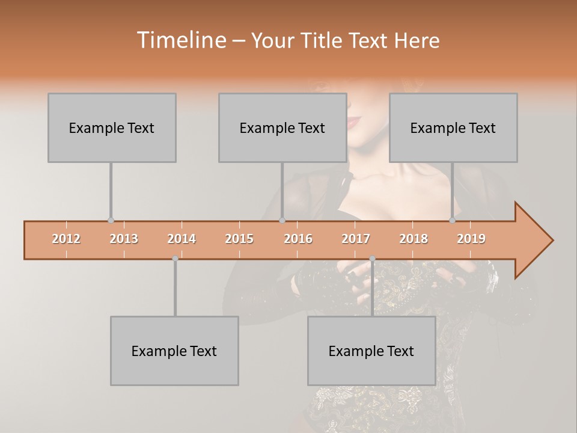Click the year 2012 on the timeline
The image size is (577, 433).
(66, 239)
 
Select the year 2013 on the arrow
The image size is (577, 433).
(124, 239)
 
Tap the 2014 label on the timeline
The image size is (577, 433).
(182, 239)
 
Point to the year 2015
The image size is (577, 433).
(239, 239)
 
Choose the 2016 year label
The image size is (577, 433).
(298, 239)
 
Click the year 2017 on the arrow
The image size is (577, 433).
(356, 239)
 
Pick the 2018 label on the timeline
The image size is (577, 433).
(414, 239)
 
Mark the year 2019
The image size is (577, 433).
(471, 239)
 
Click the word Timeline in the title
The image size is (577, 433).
(180, 40)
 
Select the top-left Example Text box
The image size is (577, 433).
(112, 127)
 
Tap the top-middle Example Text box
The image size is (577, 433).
(282, 127)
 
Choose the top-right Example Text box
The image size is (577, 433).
(453, 127)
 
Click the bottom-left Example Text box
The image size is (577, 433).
(174, 351)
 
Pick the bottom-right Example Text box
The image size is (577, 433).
(371, 351)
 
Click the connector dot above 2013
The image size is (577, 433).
(111, 221)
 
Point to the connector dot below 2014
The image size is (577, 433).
(175, 259)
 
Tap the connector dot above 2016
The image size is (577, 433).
(282, 221)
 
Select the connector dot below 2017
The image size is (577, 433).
(372, 259)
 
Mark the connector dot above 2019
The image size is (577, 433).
(453, 221)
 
